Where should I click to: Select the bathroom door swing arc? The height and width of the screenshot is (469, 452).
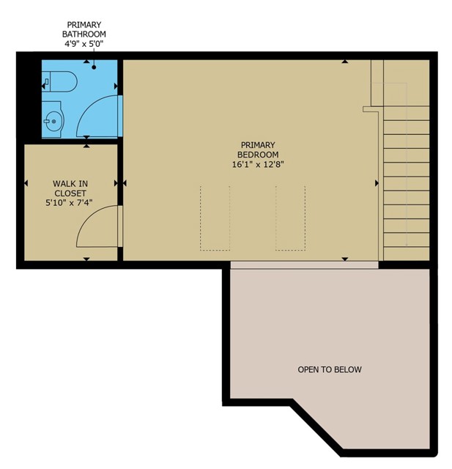click(97, 114)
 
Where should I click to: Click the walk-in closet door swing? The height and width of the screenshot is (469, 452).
click(97, 225)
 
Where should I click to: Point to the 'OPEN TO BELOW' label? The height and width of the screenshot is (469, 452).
click(329, 369)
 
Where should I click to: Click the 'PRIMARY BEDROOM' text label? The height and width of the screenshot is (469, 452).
click(258, 149)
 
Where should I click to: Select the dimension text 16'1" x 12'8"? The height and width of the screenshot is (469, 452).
click(258, 166)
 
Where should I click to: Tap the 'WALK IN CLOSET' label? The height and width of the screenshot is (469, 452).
click(70, 188)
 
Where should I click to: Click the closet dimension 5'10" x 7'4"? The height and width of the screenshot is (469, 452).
click(70, 204)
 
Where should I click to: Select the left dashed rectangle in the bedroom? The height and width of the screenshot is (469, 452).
click(215, 218)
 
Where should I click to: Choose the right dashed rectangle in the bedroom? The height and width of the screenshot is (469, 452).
click(291, 218)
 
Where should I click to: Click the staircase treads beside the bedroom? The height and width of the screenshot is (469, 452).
click(405, 183)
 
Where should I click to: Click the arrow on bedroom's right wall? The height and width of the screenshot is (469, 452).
click(377, 182)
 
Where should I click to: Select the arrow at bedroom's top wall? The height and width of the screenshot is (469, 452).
click(344, 62)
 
